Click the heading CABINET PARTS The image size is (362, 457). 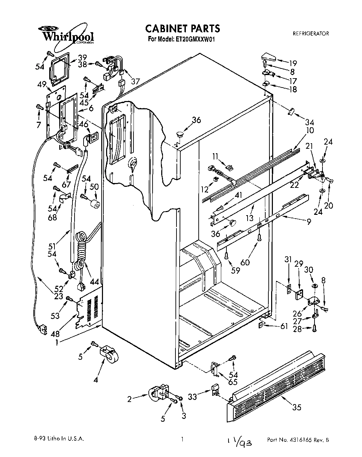point(182,28)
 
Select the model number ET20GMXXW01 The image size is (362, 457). point(194,39)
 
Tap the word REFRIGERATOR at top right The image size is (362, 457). point(311,34)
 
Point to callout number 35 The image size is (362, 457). point(296,407)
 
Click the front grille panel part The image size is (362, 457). point(277,381)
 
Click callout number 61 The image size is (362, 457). point(284,326)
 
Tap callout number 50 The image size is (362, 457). point(94,187)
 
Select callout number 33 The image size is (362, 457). point(192,396)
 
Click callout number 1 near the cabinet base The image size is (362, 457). point(56,342)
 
